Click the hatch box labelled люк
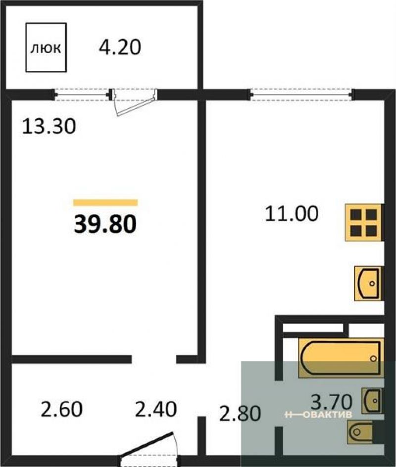[x=46, y=48]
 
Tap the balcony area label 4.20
[x=120, y=48]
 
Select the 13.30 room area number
[x=49, y=126]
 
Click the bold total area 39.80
[x=105, y=224]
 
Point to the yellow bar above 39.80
[x=105, y=203]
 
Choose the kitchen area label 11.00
[x=292, y=213]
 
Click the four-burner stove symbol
[x=363, y=222]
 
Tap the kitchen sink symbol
[x=368, y=283]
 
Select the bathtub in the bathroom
[x=341, y=358]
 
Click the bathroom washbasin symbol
[x=372, y=401]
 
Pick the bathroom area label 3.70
[x=331, y=402]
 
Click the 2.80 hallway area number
[x=240, y=413]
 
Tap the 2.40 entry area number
[x=156, y=409]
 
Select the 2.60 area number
[x=61, y=409]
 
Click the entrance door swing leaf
[x=147, y=444]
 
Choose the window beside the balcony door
[x=82, y=95]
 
